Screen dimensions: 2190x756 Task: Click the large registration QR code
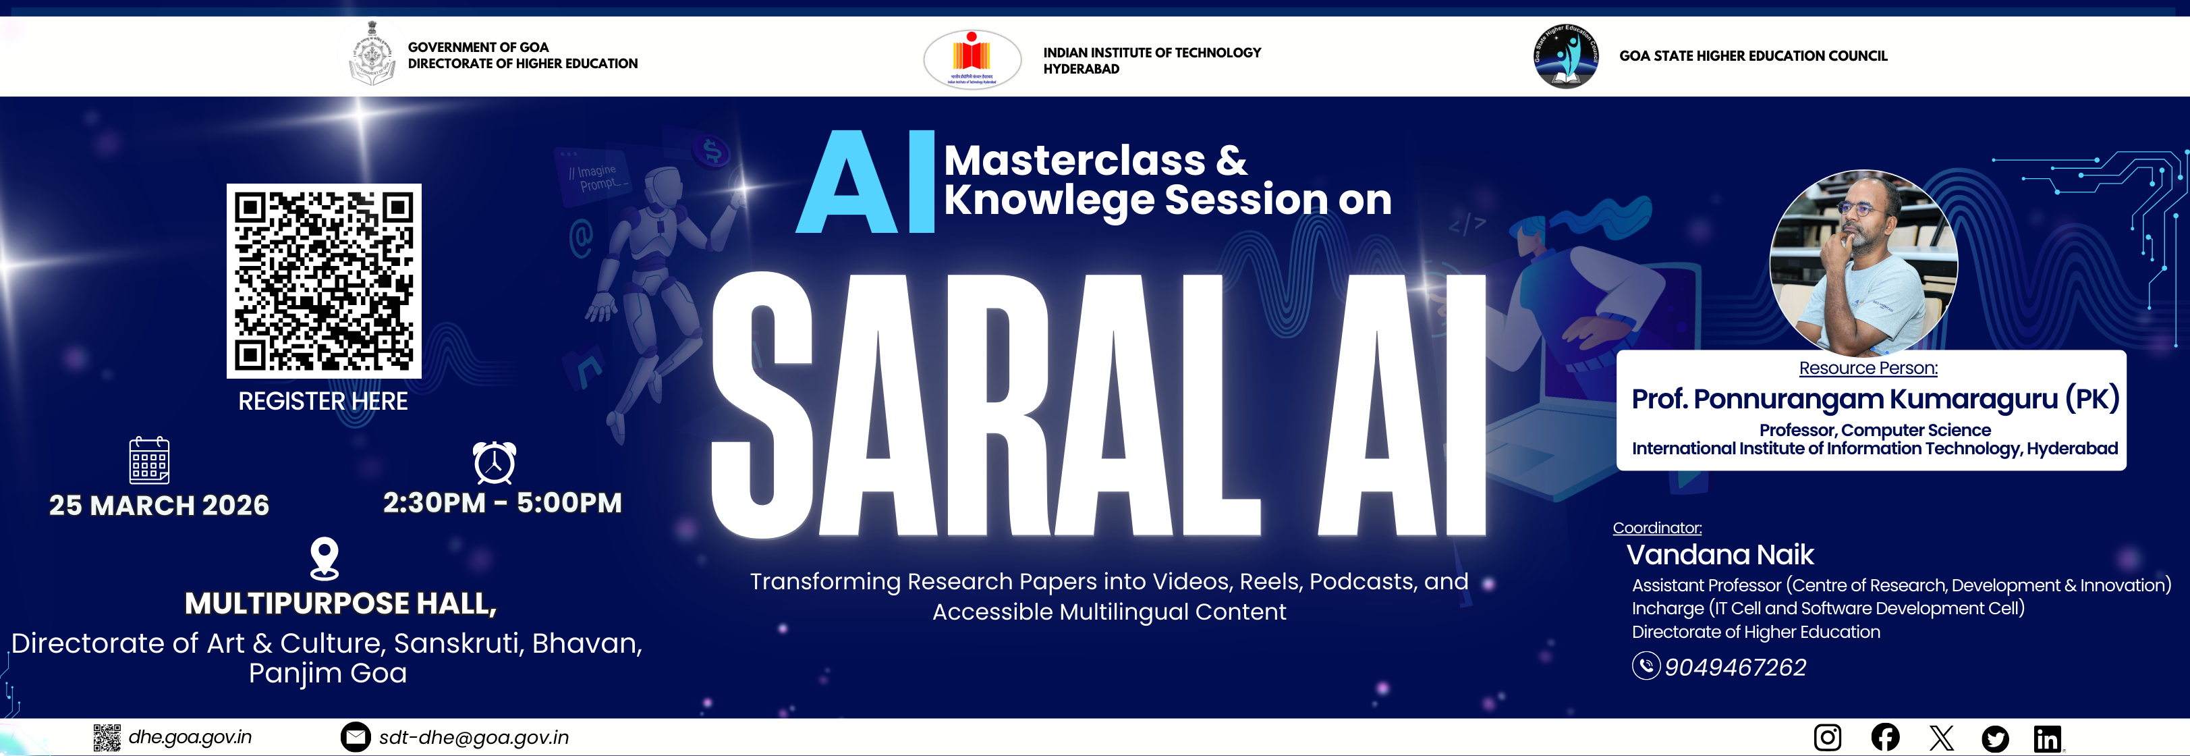[324, 281]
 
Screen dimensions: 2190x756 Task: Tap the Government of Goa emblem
[372, 55]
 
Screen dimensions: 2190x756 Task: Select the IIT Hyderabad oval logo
[972, 58]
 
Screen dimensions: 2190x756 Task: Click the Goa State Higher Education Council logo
[1566, 56]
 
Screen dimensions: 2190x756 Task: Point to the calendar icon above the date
[149, 460]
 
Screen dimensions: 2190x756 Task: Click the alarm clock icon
[494, 462]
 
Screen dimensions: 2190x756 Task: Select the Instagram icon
[1827, 736]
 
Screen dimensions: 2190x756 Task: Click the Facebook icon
[1885, 736]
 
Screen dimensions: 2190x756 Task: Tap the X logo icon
[1941, 737]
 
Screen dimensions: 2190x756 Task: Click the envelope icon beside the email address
[356, 736]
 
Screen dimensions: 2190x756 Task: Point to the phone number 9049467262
[1735, 667]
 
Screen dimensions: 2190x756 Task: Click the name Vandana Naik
[1720, 554]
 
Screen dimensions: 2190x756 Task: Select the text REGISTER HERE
[323, 402]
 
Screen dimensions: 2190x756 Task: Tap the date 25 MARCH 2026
[159, 505]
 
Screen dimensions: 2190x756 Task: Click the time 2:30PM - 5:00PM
[503, 503]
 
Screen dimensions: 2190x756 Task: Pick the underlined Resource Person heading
[1869, 369]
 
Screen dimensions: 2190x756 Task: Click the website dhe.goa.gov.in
[190, 736]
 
